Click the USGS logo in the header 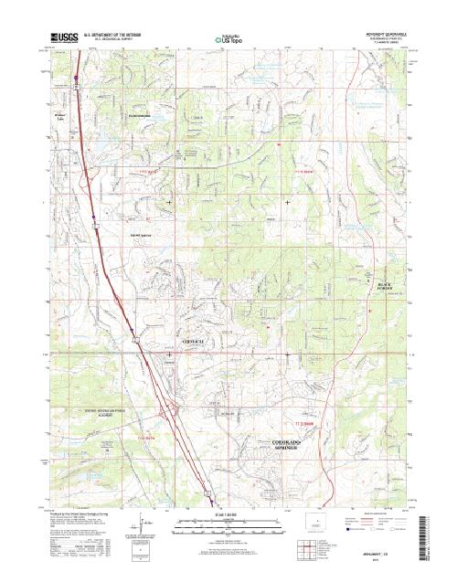(65, 39)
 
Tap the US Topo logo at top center (228, 40)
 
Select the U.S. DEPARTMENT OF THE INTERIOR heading (114, 35)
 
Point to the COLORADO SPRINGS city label (292, 447)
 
